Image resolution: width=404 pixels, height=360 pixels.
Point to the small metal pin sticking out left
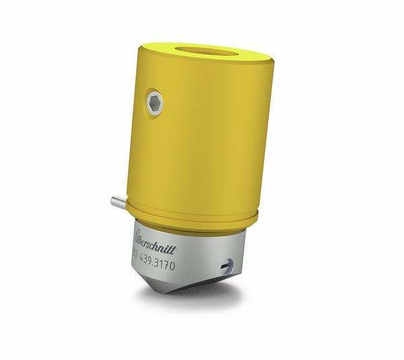click(114, 200)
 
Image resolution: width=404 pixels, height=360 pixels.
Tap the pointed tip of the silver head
click(168, 291)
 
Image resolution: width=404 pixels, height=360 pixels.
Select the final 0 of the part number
click(172, 266)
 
